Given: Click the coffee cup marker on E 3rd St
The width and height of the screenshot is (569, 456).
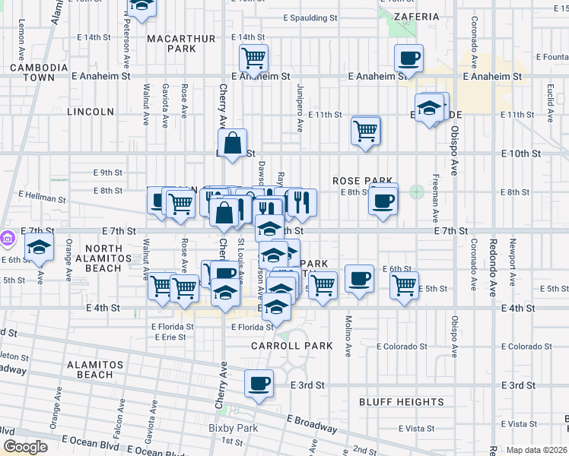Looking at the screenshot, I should pos(259,383).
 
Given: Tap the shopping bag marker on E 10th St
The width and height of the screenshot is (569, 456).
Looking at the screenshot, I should pos(232,141).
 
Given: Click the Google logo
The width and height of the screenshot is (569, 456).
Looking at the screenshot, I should pos(26,447).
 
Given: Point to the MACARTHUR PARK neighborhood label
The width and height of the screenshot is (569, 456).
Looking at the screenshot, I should pos(171,43).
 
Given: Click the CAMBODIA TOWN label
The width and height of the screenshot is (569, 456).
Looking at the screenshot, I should pos(33,72).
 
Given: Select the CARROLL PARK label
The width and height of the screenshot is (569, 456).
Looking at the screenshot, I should pos(293,346).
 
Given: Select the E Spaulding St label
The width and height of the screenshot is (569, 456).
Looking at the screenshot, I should pos(310,17).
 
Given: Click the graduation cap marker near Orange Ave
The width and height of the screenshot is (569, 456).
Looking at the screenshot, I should pos(39,246).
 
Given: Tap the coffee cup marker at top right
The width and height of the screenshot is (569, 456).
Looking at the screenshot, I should pos(408,57).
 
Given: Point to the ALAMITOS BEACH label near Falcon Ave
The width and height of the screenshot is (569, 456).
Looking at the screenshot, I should pos(90,369).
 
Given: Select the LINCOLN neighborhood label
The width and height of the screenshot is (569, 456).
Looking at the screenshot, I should pos(91,112).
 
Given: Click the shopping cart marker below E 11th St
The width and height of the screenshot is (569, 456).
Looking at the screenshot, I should pos(366,130).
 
